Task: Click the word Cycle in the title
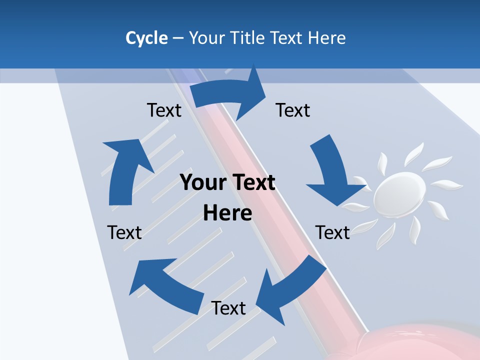146,38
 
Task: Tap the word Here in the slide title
326,38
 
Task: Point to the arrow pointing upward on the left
125,170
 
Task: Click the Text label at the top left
164,110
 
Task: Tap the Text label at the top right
293,110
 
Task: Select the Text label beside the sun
332,232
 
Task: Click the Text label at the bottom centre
228,308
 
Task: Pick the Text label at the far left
124,232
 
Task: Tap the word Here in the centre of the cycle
227,213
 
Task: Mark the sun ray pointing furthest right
447,185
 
